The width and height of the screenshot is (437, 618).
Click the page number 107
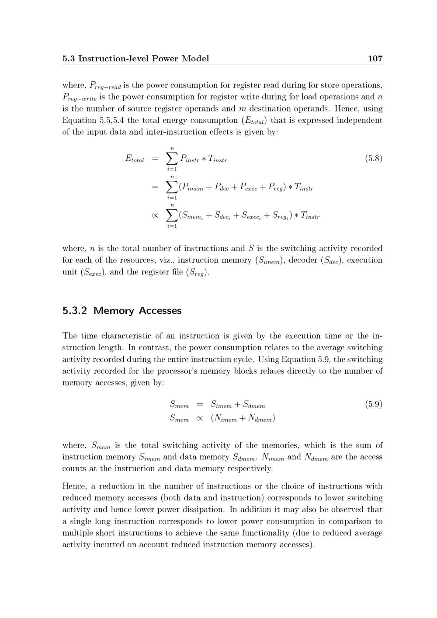coord(375,59)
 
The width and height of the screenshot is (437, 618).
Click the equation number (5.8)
coord(374,158)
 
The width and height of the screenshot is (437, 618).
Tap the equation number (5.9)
coord(374,404)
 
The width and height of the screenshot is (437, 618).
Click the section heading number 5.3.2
coord(75,311)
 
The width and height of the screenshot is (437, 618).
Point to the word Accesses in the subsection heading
coord(160,311)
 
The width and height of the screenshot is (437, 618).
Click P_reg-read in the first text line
coord(105,86)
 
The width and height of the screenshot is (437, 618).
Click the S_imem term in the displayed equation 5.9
coord(221,405)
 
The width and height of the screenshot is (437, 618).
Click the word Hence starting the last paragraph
coord(75,486)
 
